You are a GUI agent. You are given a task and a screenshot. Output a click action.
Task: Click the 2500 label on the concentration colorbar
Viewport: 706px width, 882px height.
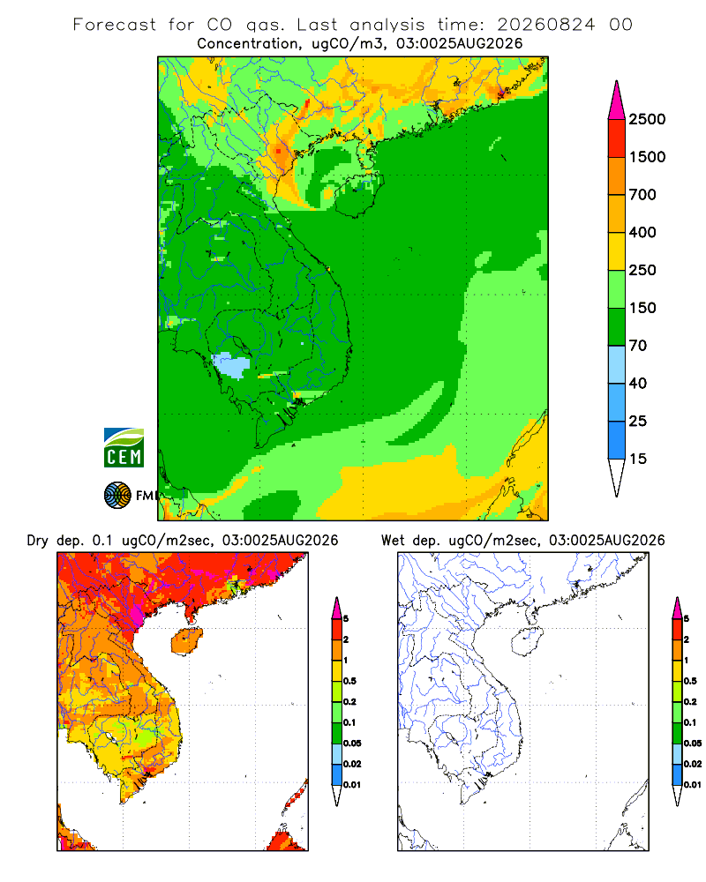tap(647, 119)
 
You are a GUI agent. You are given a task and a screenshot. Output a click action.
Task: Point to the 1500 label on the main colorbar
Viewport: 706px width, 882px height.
tap(647, 157)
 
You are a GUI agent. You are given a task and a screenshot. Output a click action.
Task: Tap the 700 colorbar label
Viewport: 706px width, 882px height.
tap(642, 195)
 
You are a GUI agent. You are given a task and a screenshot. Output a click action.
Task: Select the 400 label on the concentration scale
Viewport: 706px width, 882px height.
tap(642, 232)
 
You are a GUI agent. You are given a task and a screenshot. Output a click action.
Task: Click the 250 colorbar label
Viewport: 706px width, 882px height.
tap(642, 270)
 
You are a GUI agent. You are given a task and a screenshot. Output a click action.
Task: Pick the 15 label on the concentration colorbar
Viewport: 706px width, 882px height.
tap(638, 459)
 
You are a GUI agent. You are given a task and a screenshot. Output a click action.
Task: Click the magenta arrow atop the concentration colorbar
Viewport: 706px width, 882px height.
tap(617, 101)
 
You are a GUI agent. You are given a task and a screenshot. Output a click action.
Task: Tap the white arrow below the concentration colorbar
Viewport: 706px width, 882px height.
tap(617, 477)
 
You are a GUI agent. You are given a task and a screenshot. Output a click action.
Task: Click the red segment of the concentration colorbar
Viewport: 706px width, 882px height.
tap(617, 138)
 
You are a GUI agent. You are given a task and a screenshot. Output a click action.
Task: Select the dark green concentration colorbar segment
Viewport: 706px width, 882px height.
tap(617, 327)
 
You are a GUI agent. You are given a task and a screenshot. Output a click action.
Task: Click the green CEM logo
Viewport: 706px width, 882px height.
tap(124, 448)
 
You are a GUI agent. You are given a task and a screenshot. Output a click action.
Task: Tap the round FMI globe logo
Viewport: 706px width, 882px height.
tap(117, 496)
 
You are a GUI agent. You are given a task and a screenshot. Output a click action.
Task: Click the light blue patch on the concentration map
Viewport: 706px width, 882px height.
tap(231, 364)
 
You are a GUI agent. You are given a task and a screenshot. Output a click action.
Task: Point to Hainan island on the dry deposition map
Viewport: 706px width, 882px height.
tap(187, 640)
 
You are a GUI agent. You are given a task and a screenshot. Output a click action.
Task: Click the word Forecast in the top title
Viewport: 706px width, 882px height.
tap(115, 25)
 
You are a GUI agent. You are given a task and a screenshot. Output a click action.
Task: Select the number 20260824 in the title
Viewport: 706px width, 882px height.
tap(545, 25)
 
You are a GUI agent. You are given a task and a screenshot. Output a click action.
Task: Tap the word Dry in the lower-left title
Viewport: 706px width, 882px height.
tap(38, 542)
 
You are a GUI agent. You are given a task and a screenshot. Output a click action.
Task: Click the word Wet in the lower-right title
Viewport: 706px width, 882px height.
tap(393, 541)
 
